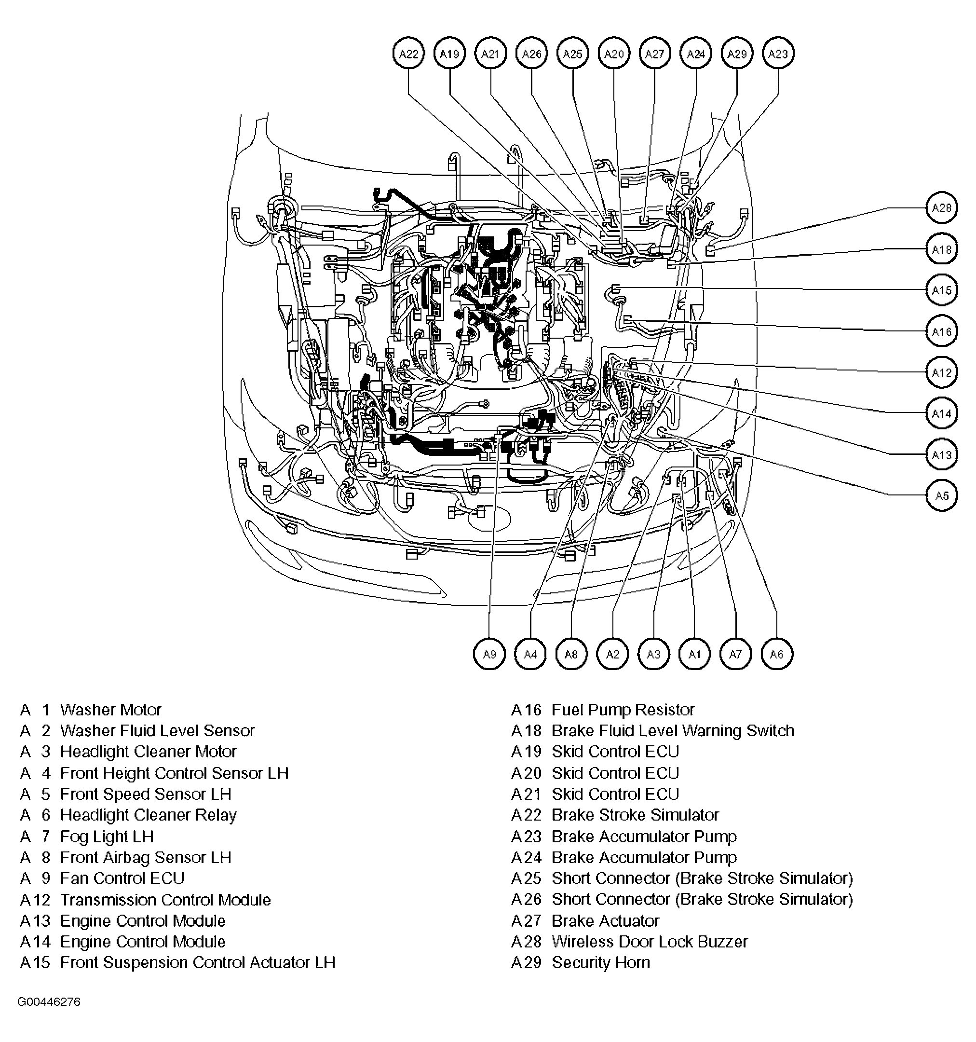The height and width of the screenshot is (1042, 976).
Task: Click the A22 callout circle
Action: click(408, 54)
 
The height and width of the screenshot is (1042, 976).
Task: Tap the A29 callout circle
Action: click(737, 54)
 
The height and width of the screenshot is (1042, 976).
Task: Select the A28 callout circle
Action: click(941, 207)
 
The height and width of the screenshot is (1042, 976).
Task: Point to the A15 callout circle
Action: click(941, 290)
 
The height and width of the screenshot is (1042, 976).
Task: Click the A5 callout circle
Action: click(941, 495)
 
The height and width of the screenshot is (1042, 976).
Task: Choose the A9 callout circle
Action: click(489, 654)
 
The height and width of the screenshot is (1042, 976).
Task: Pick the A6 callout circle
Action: click(776, 654)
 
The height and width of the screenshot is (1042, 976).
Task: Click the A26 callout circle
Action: click(532, 54)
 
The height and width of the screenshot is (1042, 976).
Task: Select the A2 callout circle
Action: click(612, 654)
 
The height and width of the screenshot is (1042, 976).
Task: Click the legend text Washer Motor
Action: click(110, 710)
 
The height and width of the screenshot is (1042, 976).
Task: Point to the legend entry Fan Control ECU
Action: click(122, 878)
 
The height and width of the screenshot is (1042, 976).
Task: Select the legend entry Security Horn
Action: click(600, 962)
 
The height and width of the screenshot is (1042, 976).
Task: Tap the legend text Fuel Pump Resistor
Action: click(623, 710)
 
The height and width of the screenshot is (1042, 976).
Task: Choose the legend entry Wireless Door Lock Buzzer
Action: click(649, 941)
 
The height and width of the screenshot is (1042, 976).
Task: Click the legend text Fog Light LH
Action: click(107, 836)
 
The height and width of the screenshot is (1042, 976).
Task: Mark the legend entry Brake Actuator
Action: click(605, 920)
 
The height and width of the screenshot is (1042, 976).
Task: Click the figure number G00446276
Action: click(49, 1001)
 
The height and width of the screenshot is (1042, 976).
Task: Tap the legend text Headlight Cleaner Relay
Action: click(148, 815)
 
